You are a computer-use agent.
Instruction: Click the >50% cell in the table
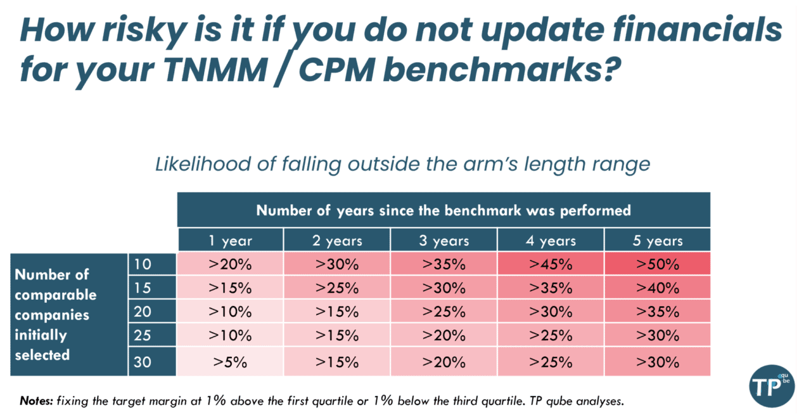(x=657, y=263)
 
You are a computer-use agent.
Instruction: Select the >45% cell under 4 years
(x=551, y=263)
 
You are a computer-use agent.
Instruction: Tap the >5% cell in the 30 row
(x=230, y=362)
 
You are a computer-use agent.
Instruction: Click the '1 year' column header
(x=230, y=240)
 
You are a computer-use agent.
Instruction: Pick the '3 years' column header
(x=444, y=240)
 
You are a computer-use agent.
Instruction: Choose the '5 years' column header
(x=657, y=240)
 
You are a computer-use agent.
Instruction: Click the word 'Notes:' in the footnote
(x=37, y=401)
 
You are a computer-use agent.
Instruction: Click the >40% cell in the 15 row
(x=657, y=288)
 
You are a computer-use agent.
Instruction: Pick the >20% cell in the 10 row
(x=230, y=263)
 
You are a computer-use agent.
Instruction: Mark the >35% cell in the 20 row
(x=657, y=312)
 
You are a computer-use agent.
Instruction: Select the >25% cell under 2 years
(x=336, y=288)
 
